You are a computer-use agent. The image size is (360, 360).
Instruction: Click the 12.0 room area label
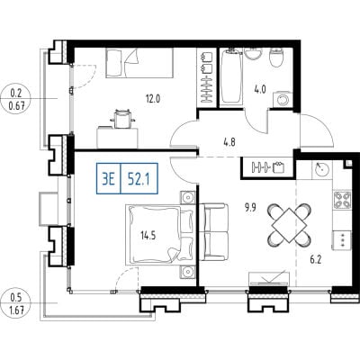coord(153,99)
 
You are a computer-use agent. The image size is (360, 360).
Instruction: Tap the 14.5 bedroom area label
coord(148,236)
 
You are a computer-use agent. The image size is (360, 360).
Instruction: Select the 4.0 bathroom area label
coord(260,89)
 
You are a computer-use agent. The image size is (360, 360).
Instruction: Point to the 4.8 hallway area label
coord(229,142)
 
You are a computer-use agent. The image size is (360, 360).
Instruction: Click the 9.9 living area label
coord(250,208)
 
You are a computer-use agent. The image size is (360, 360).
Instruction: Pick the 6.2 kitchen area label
coord(316,259)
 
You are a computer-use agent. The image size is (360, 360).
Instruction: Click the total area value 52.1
coord(139,179)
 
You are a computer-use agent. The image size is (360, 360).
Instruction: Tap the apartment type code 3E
coord(109,179)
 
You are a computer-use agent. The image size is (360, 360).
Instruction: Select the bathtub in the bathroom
coord(231,77)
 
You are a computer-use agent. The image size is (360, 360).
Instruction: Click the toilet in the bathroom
coord(276,57)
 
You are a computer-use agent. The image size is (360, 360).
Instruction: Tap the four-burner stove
coord(342,200)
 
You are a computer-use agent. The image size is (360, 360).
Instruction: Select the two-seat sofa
coord(213,232)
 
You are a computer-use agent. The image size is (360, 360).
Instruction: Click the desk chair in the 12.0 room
coord(122,119)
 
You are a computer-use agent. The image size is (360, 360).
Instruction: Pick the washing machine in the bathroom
coord(283,99)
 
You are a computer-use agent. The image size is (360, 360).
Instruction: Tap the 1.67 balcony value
coord(17,310)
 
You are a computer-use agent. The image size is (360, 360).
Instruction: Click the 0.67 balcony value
coord(17,105)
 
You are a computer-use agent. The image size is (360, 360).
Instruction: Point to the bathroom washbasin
coord(254,54)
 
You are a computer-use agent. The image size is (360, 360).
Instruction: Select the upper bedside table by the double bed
coord(188,198)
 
